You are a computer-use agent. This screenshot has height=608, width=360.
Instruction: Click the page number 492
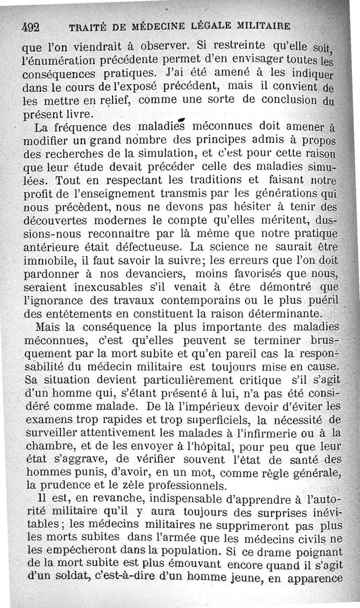click(x=31, y=26)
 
